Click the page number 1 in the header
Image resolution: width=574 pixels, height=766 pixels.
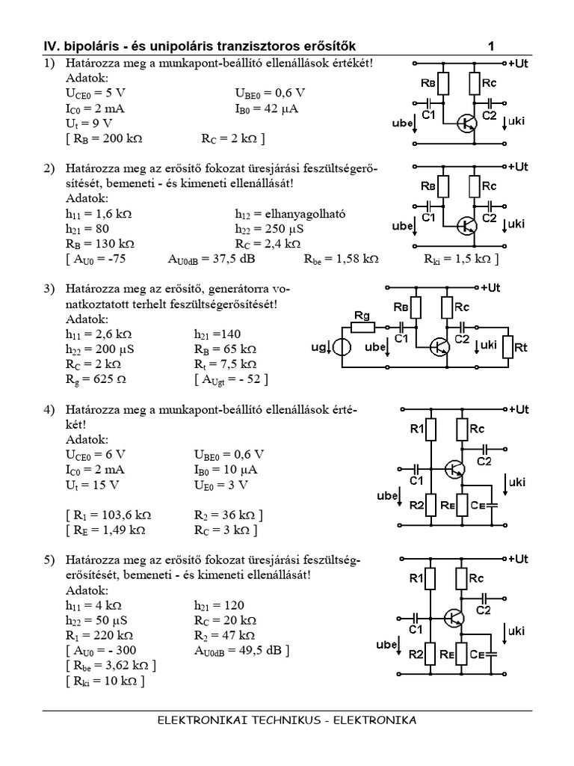pos(491,46)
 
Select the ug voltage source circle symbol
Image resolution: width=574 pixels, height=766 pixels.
pos(342,348)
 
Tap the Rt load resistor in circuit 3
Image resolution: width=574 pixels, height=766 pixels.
pos(509,347)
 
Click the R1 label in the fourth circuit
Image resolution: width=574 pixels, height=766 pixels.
pos(416,429)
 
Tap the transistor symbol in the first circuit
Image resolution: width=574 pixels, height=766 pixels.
pos(468,123)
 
